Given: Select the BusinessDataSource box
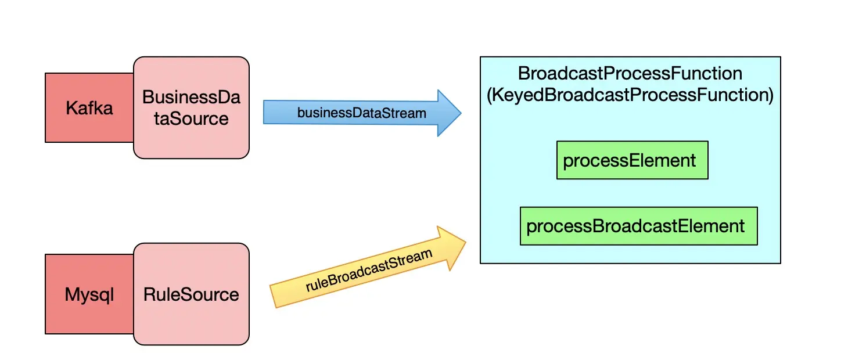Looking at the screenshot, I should click(x=191, y=107).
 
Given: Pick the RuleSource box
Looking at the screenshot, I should click(x=191, y=294).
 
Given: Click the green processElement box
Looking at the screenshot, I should click(x=632, y=160).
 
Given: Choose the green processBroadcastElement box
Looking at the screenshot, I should click(x=638, y=226).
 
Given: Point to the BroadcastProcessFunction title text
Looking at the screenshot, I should click(x=630, y=74).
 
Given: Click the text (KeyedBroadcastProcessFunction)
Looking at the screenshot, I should click(x=630, y=95).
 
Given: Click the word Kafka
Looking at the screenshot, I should click(x=89, y=108).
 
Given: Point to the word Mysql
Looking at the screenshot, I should click(x=89, y=294).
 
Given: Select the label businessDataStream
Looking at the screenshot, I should click(x=361, y=113).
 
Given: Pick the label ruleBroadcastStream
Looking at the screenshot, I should click(x=369, y=271).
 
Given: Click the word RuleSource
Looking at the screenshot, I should click(x=191, y=294).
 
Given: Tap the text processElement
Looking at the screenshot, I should click(x=630, y=160).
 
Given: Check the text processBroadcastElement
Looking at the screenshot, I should click(x=635, y=226).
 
